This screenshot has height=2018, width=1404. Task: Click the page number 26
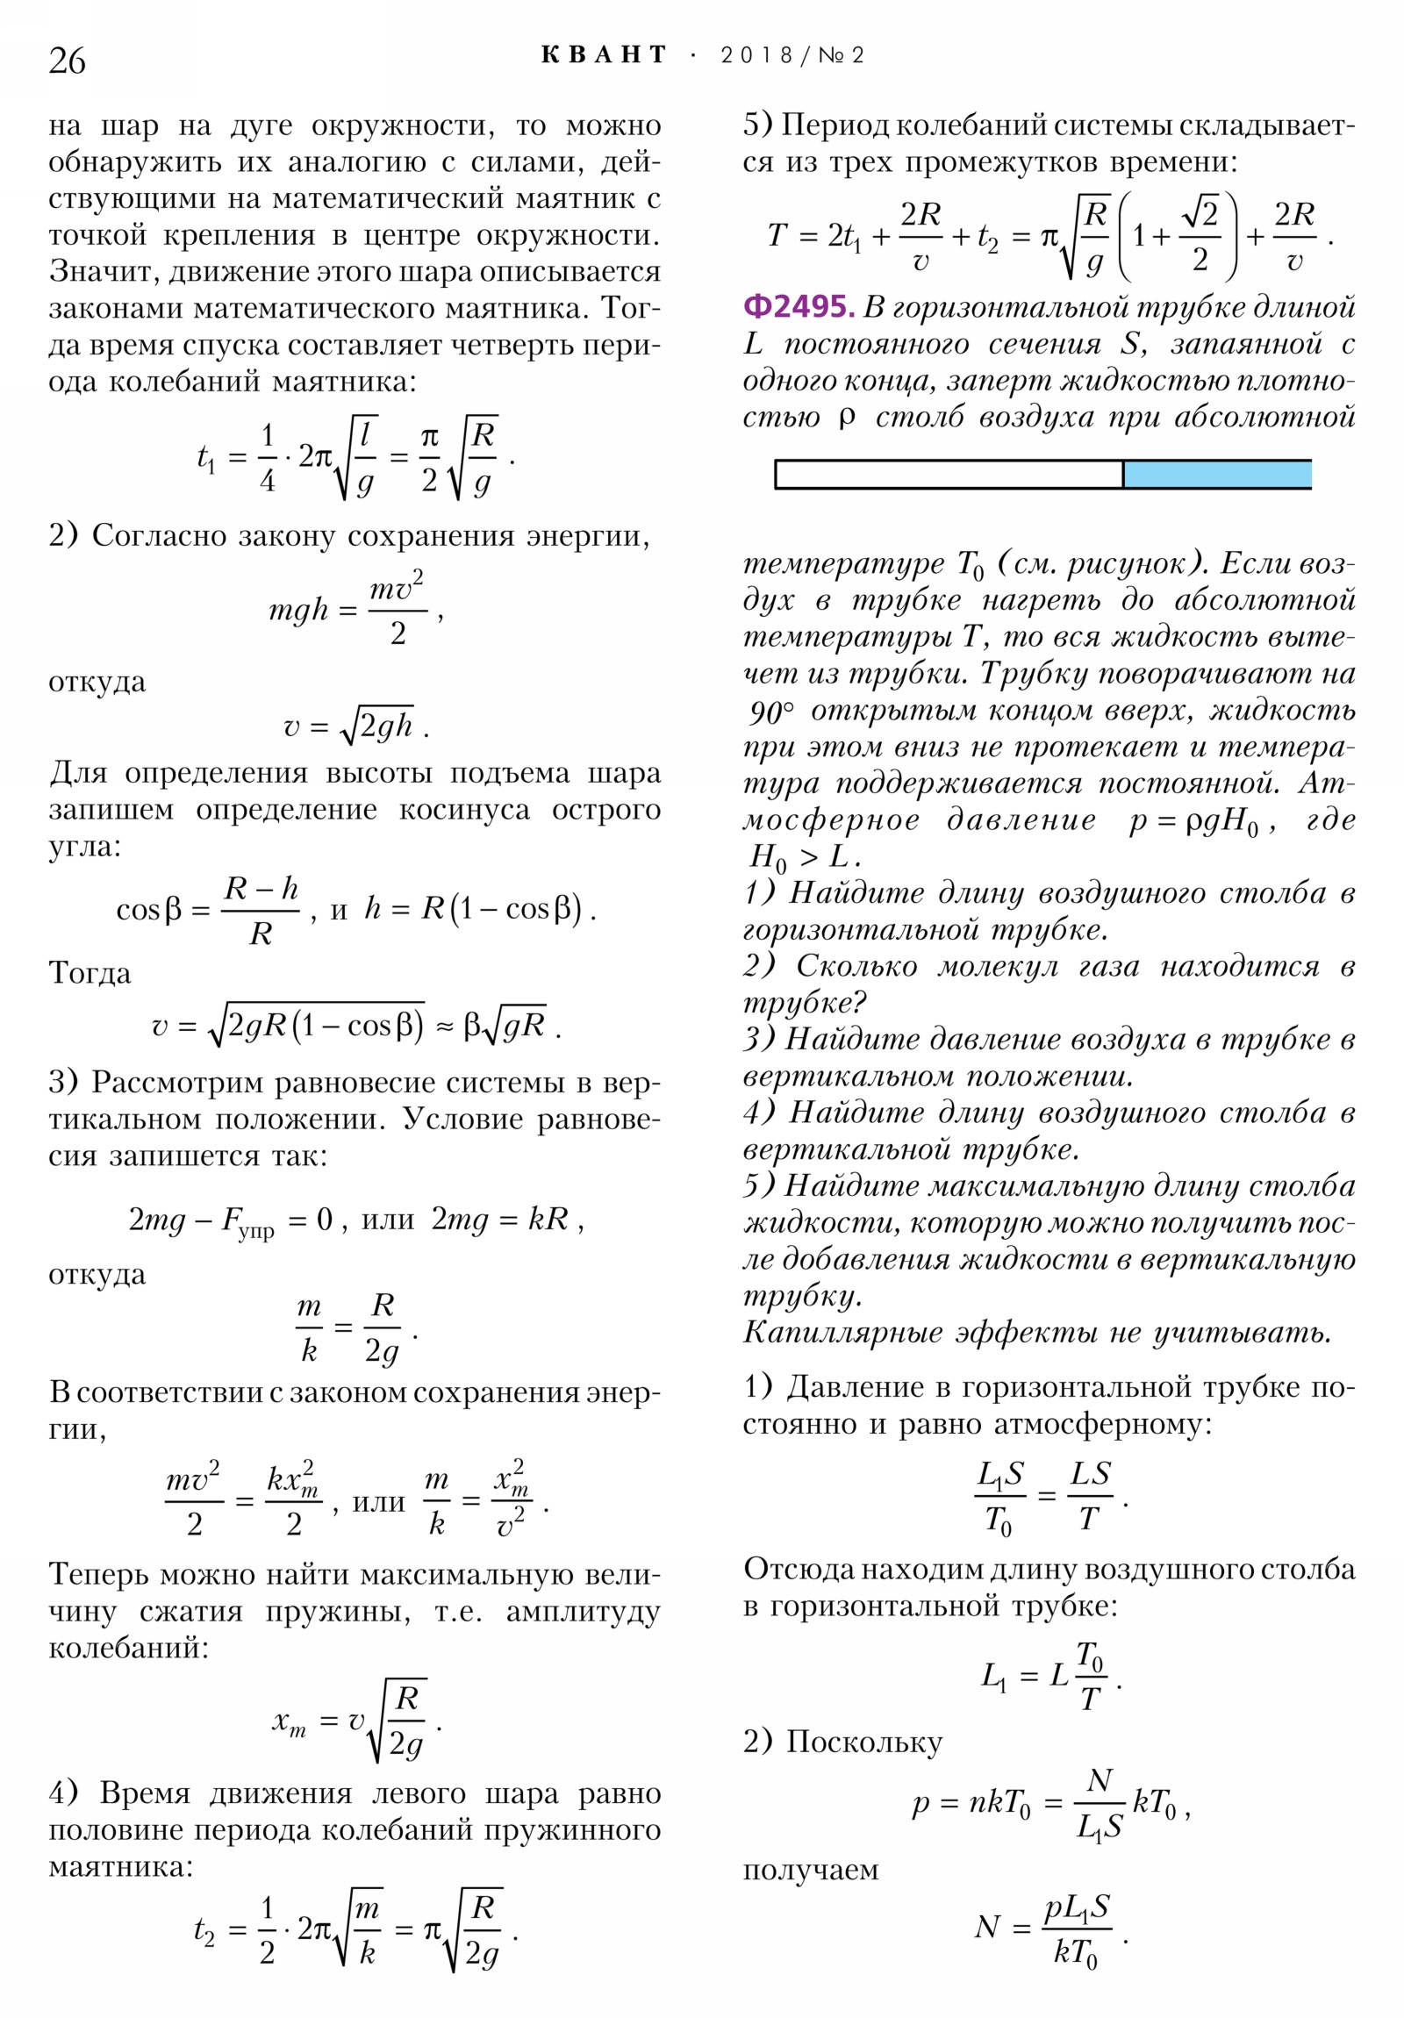(67, 61)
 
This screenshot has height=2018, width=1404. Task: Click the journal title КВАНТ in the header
(604, 55)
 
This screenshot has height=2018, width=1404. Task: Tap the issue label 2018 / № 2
(792, 55)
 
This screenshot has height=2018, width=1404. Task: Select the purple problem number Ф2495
(798, 307)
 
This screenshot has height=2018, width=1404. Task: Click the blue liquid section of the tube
(1217, 474)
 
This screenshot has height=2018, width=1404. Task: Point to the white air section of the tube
(949, 474)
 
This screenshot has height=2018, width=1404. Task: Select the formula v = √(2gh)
(356, 726)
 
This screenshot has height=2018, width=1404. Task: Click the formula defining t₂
(356, 1930)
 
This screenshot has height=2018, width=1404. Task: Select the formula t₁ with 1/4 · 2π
(356, 457)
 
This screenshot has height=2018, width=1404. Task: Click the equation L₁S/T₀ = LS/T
(1050, 1494)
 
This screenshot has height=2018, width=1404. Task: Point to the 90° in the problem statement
(771, 711)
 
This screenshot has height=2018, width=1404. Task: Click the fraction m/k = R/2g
(356, 1327)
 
